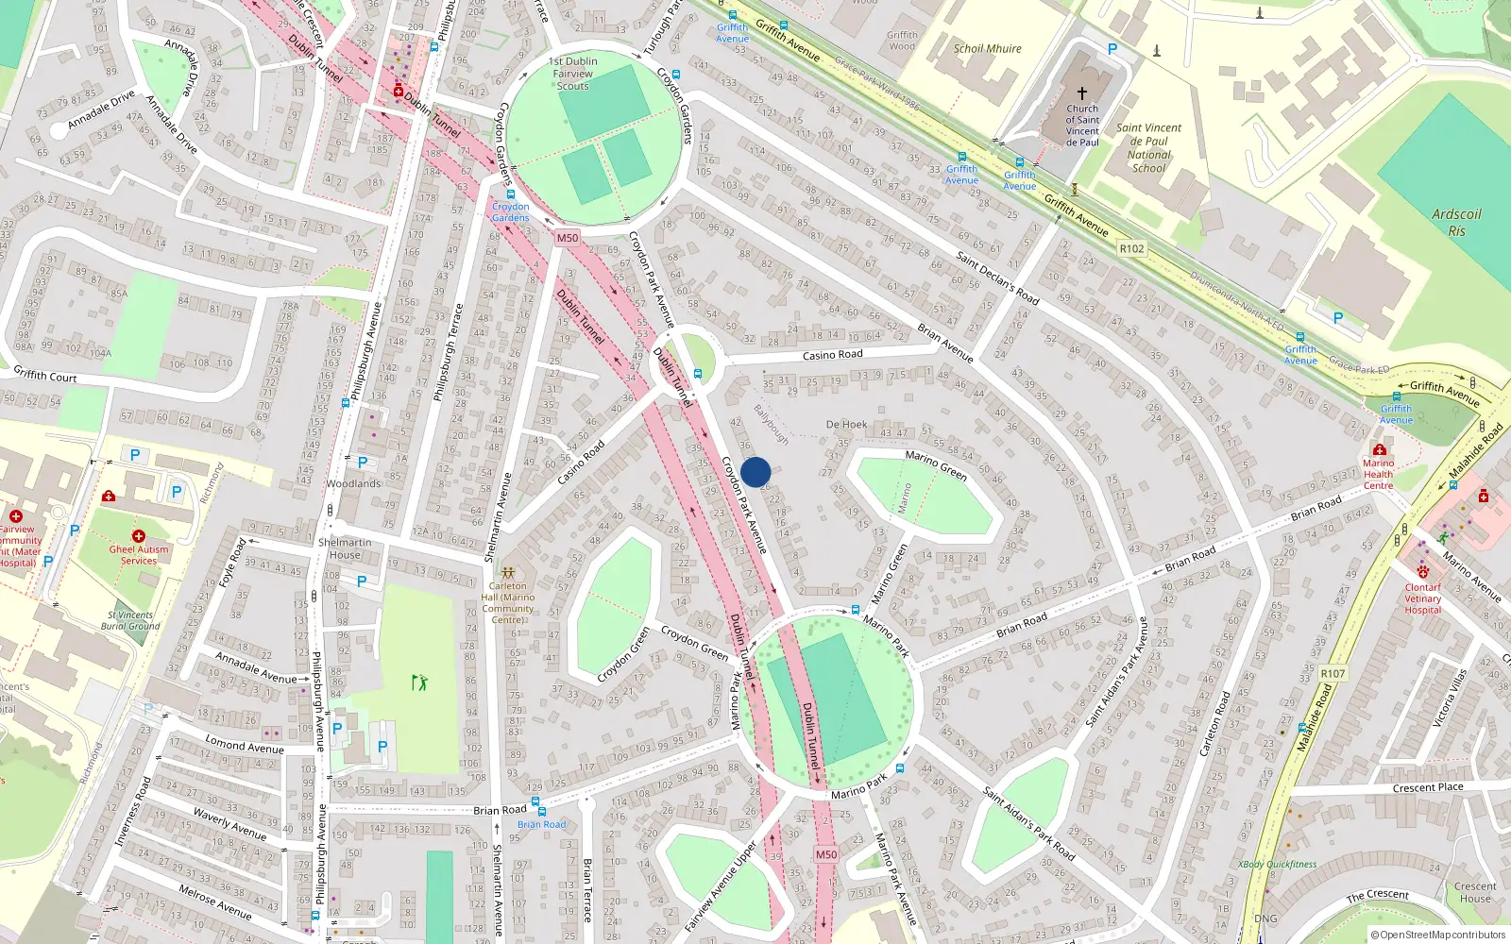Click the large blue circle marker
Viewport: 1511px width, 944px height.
coord(755,472)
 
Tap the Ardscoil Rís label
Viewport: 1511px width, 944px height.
coord(1456,222)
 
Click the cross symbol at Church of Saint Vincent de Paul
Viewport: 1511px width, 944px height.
coord(1082,93)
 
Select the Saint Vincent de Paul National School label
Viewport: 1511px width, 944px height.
coord(1148,148)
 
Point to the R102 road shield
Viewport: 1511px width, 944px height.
coord(1131,249)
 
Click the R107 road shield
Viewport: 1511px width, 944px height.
coord(1333,673)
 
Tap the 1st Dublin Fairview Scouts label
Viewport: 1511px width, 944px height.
coord(572,74)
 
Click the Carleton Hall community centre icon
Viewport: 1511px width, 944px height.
coord(508,573)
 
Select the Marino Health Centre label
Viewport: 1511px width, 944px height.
coord(1378,474)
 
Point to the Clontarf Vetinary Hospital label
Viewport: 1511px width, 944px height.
coord(1422,598)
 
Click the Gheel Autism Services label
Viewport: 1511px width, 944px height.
coord(139,554)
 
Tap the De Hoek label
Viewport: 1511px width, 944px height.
coord(846,425)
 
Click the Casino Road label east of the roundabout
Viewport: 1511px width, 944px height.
coord(832,355)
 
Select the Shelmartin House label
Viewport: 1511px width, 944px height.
coord(345,548)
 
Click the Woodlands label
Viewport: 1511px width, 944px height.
coord(353,483)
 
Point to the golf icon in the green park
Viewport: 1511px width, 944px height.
coord(419,682)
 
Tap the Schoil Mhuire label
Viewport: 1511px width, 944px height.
coord(987,49)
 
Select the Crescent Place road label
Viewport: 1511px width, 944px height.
coord(1427,787)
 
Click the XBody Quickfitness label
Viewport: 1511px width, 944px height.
coord(1277,864)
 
